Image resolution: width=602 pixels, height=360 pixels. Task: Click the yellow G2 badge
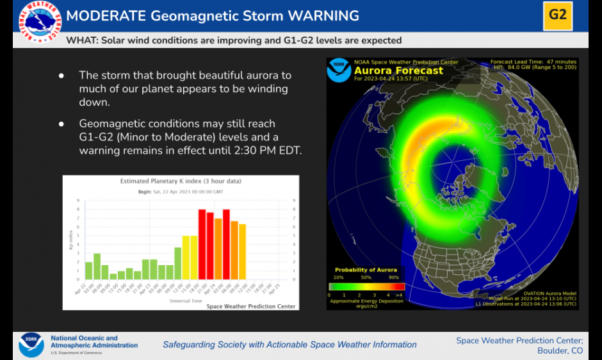557,14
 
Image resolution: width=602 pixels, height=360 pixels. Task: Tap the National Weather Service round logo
40,22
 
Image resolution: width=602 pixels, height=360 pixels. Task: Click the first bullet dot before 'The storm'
61,76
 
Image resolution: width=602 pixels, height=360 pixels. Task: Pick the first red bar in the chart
202,244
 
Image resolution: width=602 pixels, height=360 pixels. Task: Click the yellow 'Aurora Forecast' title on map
398,70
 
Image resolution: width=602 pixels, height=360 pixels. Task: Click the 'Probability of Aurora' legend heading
366,270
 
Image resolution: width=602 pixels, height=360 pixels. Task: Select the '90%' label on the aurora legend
393,277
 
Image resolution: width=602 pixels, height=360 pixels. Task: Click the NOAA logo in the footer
31,344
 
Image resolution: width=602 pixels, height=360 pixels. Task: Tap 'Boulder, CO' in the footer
560,350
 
